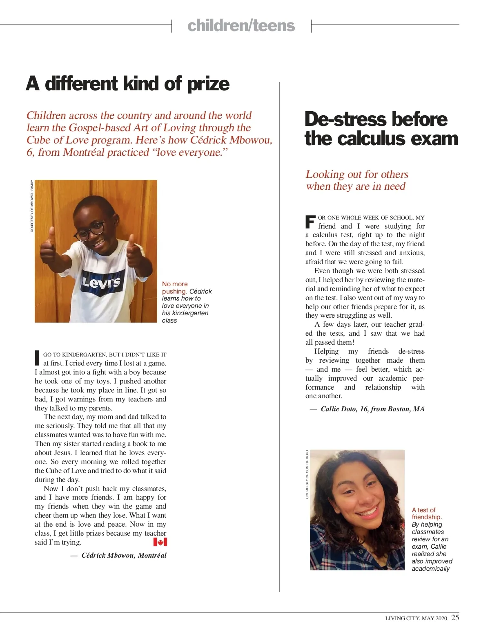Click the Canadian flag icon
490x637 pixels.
[x=160, y=542]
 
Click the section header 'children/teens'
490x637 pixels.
[x=241, y=26]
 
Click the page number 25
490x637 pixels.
[x=455, y=617]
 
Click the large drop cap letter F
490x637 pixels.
[x=310, y=222]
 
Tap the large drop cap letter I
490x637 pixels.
[x=37, y=358]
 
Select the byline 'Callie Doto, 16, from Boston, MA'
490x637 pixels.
[x=372, y=409]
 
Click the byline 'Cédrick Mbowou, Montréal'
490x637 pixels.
[x=124, y=555]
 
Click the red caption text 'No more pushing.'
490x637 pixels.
[x=175, y=287]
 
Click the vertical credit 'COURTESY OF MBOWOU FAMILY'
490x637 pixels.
[x=32, y=206]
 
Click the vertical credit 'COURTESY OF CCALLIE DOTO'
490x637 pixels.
[x=307, y=474]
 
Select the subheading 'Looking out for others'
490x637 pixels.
[x=357, y=175]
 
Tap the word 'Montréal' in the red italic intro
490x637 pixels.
[x=84, y=153]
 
